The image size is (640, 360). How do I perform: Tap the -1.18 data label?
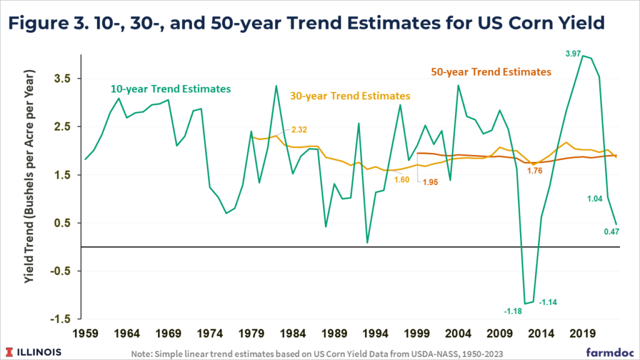(514, 311)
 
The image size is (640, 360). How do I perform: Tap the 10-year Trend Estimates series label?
(171, 89)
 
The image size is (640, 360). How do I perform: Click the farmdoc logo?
(607, 352)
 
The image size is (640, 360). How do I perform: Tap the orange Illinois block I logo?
(11, 352)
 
